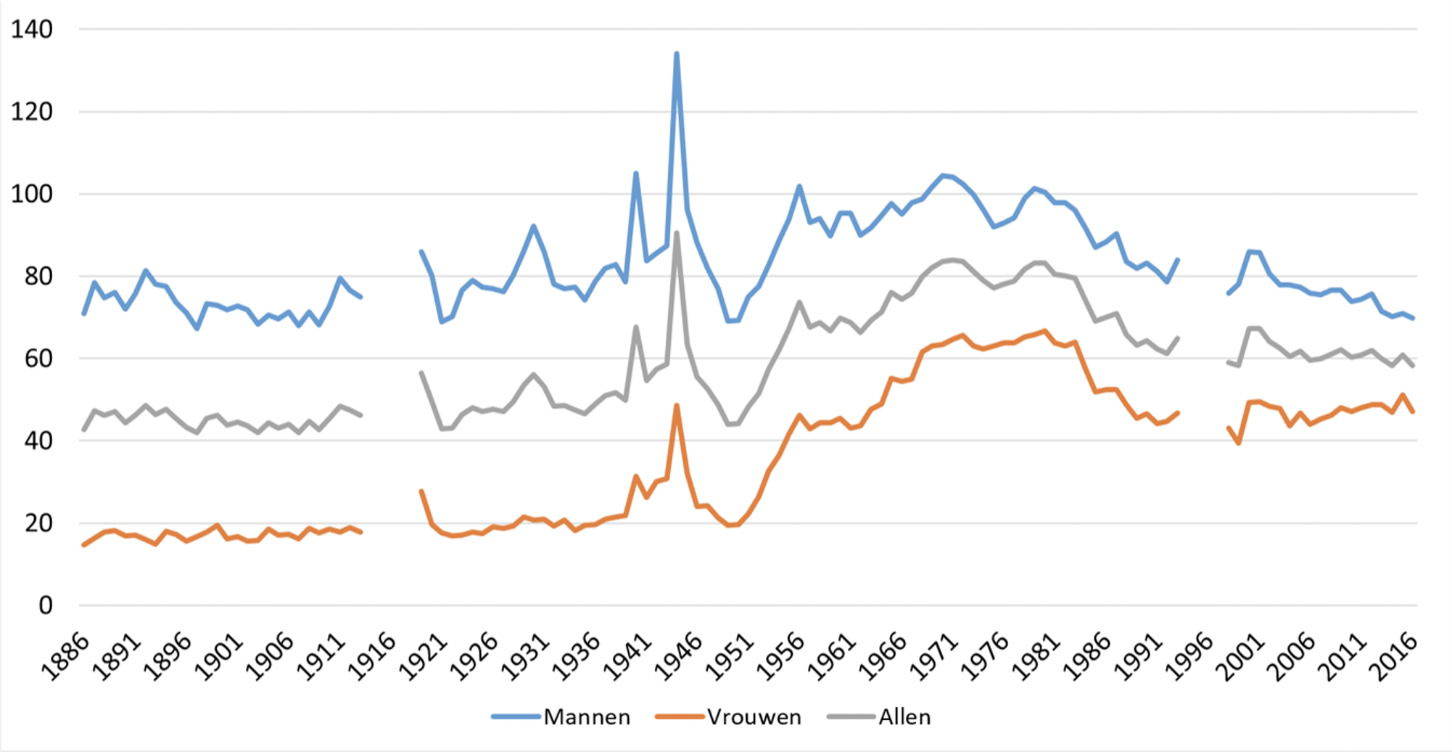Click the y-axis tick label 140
32,30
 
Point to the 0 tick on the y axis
45,605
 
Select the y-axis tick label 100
32,195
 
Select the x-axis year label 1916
372,657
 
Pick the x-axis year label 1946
678,657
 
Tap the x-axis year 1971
933,657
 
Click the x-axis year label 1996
1189,657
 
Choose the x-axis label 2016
1393,657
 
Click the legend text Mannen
587,717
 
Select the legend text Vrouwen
754,717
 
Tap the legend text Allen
904,717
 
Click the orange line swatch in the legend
679,717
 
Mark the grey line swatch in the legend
850,717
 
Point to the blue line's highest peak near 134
677,54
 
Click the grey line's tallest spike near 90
677,233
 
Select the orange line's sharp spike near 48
677,406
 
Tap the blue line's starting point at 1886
84,314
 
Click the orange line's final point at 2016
1413,412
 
